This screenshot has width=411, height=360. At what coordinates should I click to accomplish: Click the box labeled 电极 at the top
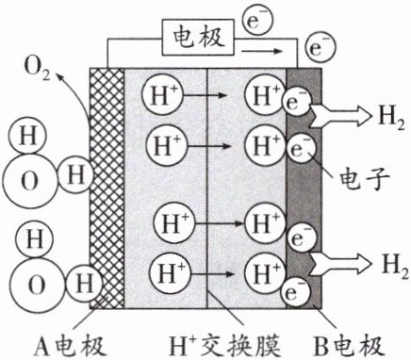(x=198, y=38)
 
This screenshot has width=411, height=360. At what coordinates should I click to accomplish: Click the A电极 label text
(x=70, y=347)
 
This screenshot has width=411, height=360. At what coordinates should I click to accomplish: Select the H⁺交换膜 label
(x=224, y=347)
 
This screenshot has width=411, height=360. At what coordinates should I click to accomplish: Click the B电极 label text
(x=349, y=347)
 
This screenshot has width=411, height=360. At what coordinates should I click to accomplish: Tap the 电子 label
(x=365, y=180)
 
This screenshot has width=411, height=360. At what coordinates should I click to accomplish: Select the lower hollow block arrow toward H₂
(x=341, y=264)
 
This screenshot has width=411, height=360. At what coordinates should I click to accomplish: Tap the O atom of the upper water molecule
(x=30, y=182)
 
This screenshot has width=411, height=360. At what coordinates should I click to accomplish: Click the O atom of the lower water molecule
(x=36, y=285)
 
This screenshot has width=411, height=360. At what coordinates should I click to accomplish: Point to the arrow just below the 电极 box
(x=261, y=51)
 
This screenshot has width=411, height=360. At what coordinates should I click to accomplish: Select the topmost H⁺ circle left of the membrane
(x=162, y=94)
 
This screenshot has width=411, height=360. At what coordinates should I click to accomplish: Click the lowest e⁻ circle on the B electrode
(x=296, y=293)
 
